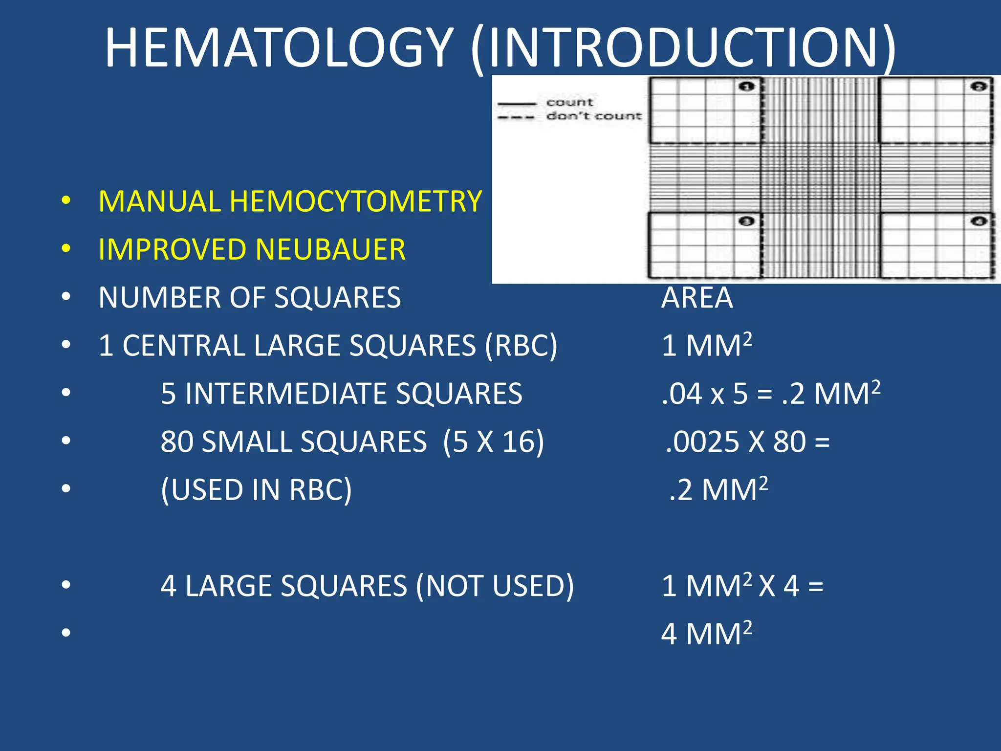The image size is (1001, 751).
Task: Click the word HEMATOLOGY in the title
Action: [x=279, y=48]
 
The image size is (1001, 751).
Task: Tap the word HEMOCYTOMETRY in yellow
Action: [x=356, y=201]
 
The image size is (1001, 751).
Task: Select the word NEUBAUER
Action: [x=330, y=249]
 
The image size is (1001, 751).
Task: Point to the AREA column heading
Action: [x=697, y=297]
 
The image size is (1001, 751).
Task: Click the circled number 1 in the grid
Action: [x=746, y=87]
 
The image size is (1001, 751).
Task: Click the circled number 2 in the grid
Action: [x=979, y=87]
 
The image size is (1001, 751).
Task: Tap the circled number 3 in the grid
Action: [x=746, y=221]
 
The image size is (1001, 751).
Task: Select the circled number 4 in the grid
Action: [x=979, y=221]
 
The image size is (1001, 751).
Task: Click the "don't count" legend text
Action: [x=593, y=116]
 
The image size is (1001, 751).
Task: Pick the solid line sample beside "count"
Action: [x=516, y=103]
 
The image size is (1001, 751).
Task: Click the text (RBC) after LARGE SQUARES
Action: [x=521, y=346]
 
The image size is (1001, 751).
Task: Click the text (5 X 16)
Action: [x=494, y=442]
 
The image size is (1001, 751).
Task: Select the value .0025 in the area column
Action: [x=703, y=442]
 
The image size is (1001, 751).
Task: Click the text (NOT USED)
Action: [x=495, y=586]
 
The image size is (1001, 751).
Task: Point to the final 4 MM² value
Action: [x=706, y=634]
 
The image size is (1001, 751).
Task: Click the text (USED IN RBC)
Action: [x=256, y=489]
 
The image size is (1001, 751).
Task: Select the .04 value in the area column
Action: [x=681, y=394]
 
